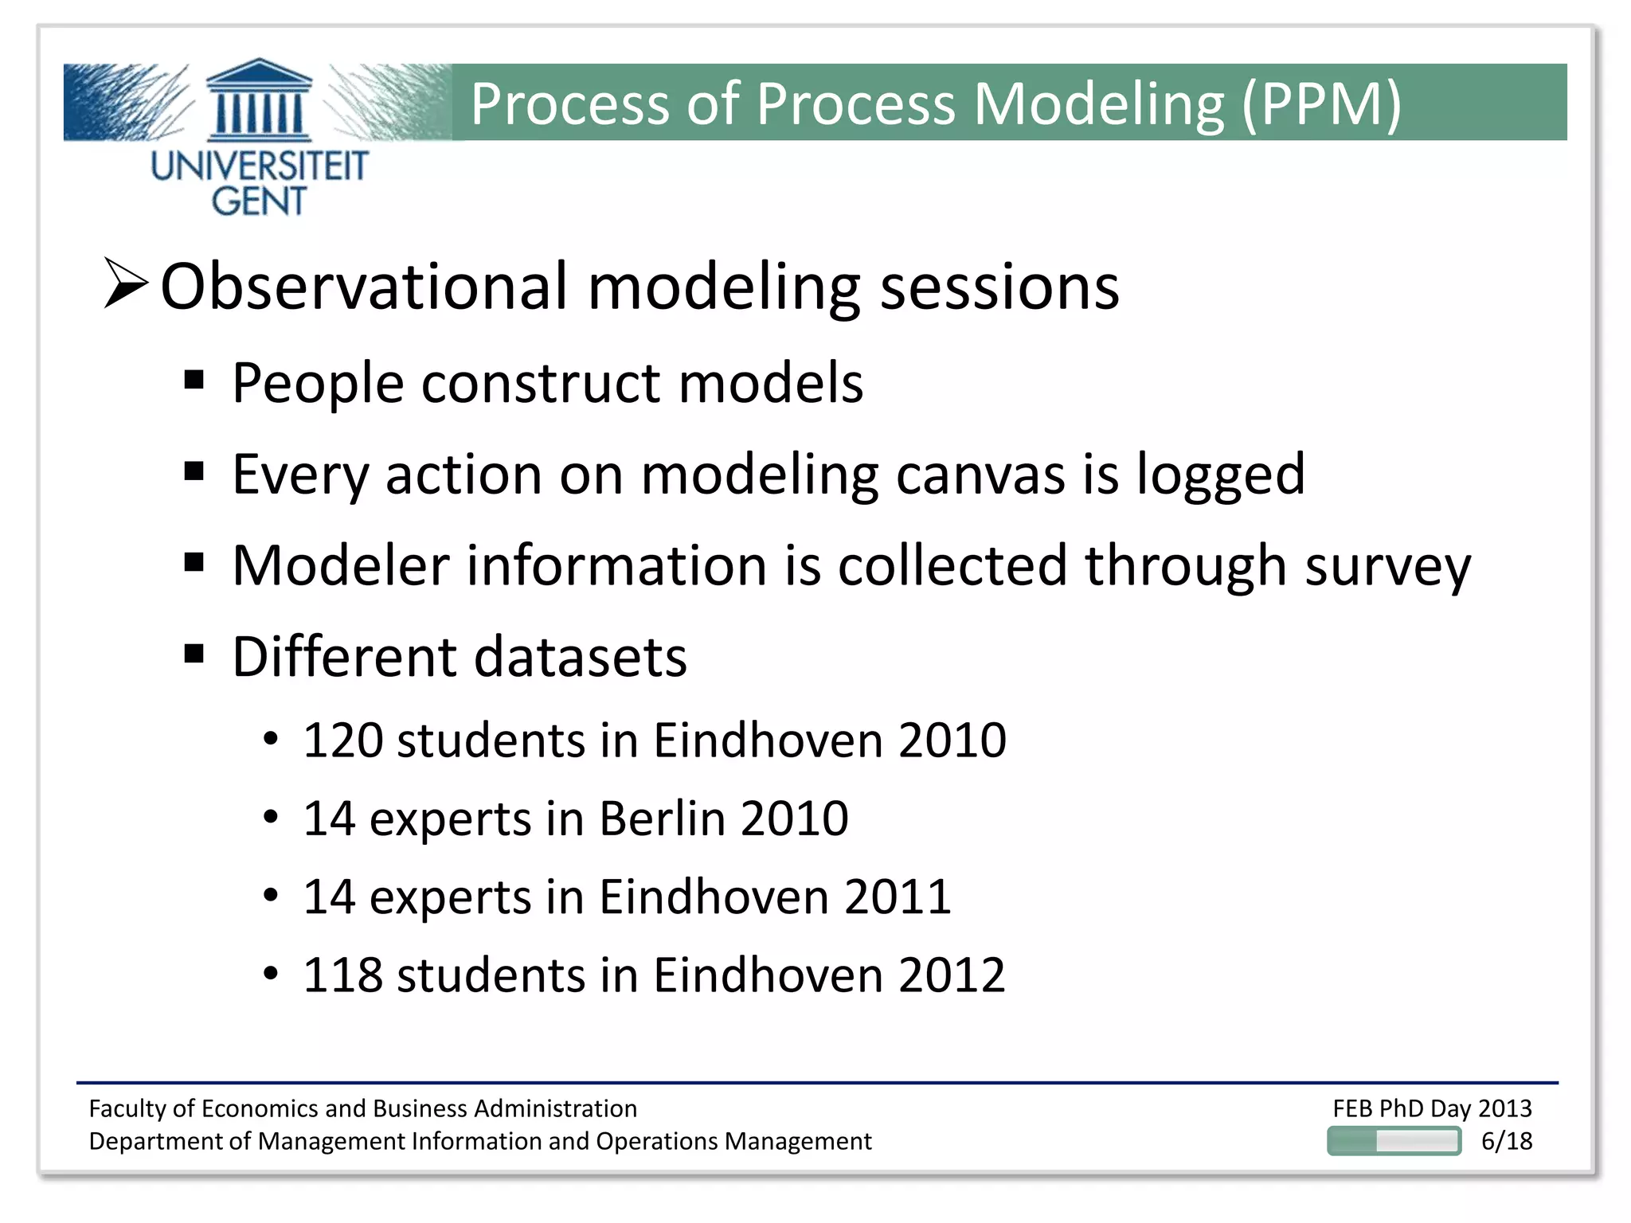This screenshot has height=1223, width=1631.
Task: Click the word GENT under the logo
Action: (259, 201)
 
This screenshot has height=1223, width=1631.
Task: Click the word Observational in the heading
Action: (364, 287)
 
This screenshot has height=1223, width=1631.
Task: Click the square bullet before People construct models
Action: (194, 379)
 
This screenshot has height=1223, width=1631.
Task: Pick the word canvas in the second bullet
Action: (980, 475)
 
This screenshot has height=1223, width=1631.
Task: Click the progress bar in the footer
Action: (1394, 1141)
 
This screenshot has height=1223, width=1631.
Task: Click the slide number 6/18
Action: (1506, 1141)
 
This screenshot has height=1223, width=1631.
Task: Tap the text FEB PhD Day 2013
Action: (1432, 1108)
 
